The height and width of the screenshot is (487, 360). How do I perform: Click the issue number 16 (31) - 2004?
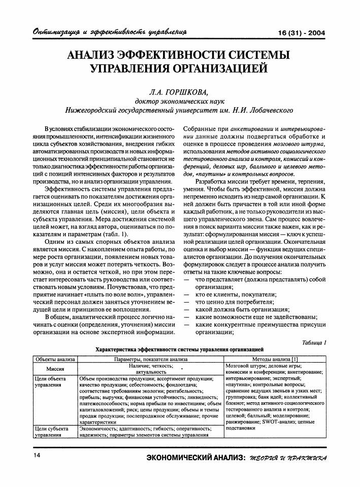point(302,34)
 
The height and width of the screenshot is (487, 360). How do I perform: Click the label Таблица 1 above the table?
point(313,342)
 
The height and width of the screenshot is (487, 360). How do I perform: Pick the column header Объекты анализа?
point(54,359)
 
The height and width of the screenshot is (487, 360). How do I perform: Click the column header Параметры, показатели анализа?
point(151,359)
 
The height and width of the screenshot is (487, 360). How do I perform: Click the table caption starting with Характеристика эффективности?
point(180,350)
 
